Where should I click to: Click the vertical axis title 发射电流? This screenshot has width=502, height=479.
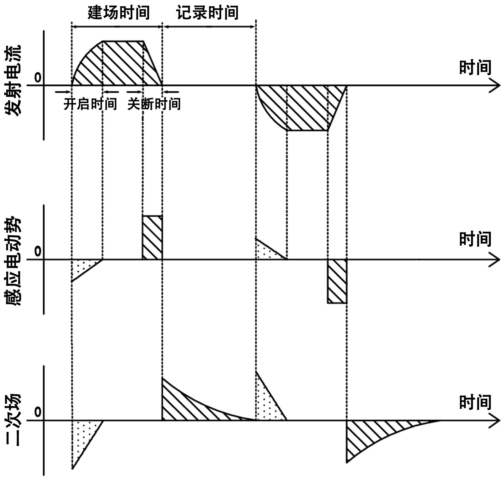13,81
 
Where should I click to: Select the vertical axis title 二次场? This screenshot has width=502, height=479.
13,419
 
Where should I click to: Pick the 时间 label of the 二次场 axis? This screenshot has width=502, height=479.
475,403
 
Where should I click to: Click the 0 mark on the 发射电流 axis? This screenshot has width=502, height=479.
38,77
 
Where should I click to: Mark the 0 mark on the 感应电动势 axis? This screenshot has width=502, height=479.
38,251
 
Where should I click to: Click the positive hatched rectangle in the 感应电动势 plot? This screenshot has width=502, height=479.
152,237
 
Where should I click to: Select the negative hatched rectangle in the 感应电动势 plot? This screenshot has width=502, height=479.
337,281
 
